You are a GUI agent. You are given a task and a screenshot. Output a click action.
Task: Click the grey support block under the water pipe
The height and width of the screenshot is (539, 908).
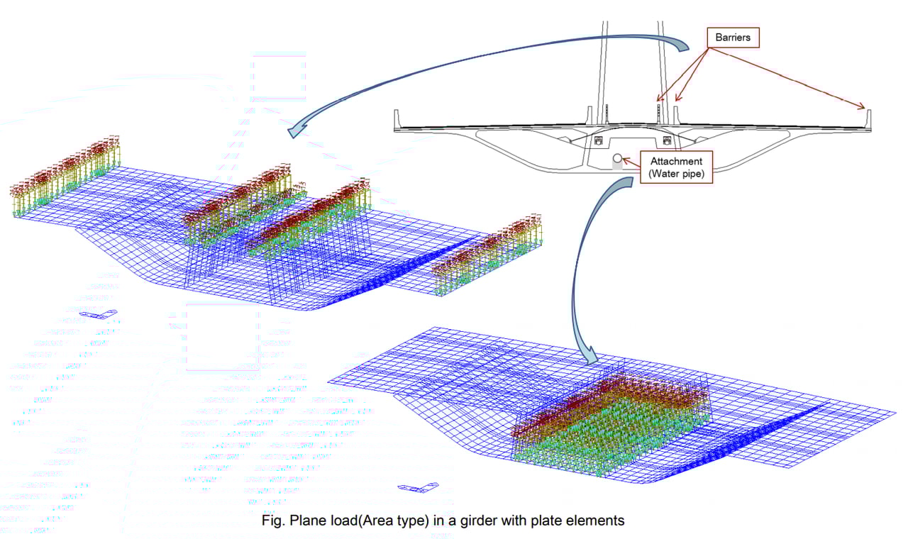point(617,167)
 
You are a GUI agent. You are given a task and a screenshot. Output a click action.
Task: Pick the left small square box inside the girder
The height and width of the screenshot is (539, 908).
point(597,140)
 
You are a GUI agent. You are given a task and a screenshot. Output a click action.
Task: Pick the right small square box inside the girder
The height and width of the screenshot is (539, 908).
point(667,140)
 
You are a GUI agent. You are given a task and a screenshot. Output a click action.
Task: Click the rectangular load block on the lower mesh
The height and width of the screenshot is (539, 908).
point(610,418)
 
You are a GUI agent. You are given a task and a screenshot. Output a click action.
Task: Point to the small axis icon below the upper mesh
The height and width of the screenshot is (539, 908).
point(98,314)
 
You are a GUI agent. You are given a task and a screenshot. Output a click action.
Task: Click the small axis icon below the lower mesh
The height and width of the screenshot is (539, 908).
point(419,487)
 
